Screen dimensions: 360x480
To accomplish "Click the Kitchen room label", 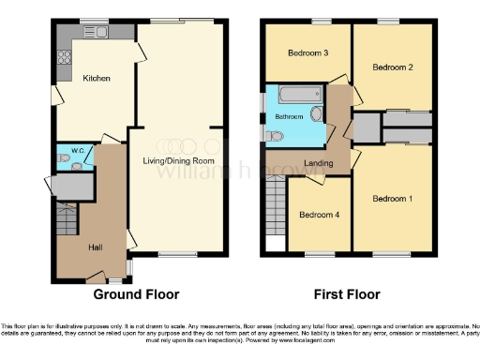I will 97,78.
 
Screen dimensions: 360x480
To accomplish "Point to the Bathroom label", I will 288,116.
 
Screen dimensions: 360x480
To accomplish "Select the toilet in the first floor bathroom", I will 274,137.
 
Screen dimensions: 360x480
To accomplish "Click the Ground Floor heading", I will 136,293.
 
